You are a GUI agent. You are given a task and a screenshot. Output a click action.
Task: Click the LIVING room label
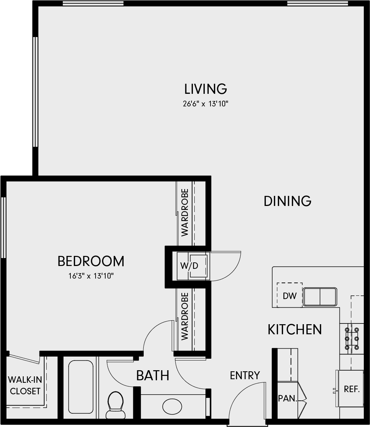(x=205, y=89)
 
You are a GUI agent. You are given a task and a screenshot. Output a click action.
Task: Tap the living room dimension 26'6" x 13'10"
(x=205, y=104)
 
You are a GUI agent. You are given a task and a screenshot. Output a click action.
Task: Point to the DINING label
(x=287, y=201)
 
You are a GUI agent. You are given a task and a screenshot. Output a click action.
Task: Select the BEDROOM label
(x=91, y=261)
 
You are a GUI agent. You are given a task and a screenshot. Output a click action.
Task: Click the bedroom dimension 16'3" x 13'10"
(x=91, y=276)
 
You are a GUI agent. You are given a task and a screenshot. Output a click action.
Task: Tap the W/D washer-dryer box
(x=193, y=266)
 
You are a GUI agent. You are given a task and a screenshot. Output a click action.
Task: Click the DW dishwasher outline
(x=290, y=295)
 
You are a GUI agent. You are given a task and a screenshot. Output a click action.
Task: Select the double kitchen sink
(x=320, y=297)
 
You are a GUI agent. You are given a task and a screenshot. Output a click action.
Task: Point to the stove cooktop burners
(x=352, y=339)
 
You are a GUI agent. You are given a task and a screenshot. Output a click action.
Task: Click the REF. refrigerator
(x=351, y=389)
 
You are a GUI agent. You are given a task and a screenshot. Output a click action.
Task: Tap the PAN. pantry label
(x=287, y=398)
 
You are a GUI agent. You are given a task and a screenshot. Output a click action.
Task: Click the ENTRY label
(x=245, y=376)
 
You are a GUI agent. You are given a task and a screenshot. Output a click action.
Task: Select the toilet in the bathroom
(x=115, y=405)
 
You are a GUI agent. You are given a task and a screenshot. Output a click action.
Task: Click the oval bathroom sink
(x=172, y=407)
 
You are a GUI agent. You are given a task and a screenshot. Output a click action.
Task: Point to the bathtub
(x=81, y=387)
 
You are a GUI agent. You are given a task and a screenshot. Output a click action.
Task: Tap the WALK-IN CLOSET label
(x=25, y=385)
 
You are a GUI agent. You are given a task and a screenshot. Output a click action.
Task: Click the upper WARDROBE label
(x=185, y=213)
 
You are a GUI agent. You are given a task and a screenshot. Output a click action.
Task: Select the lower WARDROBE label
(x=185, y=316)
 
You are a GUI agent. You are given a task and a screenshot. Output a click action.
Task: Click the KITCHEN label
(x=295, y=330)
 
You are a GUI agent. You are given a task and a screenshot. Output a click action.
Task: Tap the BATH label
(x=153, y=376)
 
